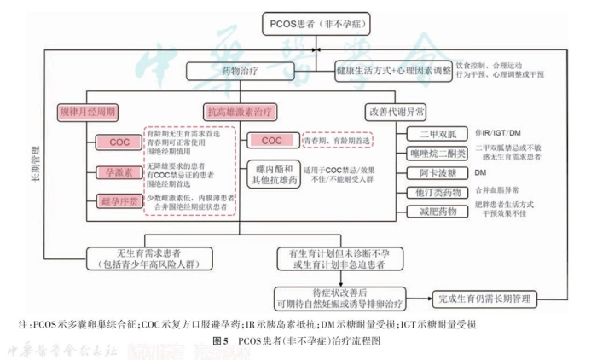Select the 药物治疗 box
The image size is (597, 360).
coord(223,71)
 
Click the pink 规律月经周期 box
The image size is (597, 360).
coord(88,112)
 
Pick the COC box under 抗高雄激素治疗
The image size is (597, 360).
coord(271,140)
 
